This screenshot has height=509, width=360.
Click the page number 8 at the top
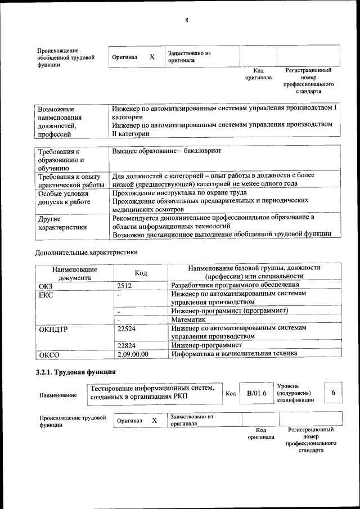186,21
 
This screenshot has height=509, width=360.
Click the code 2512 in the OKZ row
124,286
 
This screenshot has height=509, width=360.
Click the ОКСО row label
49,355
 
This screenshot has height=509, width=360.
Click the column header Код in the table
141,273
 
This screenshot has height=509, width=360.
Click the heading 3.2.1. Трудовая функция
76,372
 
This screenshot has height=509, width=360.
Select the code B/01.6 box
256,394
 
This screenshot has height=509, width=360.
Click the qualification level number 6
334,393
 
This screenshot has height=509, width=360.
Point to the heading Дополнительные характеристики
86,253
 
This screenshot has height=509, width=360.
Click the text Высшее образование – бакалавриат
167,151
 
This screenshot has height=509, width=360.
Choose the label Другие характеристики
62,223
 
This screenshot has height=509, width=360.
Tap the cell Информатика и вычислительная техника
235,354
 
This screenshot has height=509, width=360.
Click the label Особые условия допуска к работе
67,197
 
